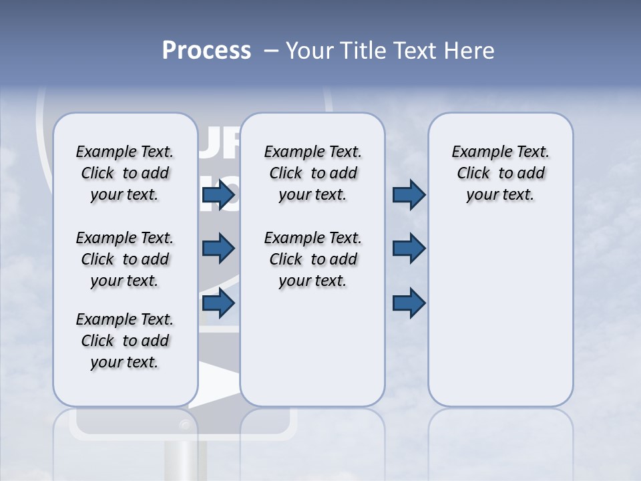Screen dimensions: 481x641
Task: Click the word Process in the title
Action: point(206,51)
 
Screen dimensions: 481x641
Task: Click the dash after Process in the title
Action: point(271,51)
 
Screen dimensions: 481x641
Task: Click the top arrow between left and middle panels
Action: point(218,195)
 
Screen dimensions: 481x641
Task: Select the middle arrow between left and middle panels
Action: point(218,249)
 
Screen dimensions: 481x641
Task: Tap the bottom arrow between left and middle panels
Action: point(218,303)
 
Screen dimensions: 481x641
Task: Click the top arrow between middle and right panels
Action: point(409,195)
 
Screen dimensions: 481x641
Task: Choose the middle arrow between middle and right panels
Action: point(409,249)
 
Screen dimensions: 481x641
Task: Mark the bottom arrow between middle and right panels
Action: point(409,303)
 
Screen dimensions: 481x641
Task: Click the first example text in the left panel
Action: point(125,173)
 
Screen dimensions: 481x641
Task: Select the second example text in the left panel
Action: point(125,259)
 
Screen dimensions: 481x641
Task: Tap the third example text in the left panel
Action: point(125,341)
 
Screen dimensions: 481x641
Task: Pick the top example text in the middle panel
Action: point(312,173)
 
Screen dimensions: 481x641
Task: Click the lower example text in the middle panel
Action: point(312,259)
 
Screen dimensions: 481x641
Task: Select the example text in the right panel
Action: point(500,173)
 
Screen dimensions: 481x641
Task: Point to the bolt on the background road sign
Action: point(185,425)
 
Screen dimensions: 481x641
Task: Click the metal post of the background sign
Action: point(185,461)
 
